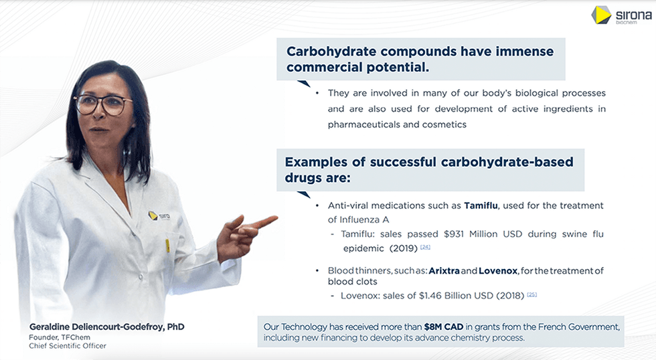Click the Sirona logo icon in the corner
pos(601,15)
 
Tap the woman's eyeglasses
pos(102,104)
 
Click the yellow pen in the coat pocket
pos(167,246)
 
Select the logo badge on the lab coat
pos(159,215)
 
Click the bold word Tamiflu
pos(481,205)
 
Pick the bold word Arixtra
pos(444,271)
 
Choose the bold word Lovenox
pos(498,271)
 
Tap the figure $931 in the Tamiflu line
pos(454,234)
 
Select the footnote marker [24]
pos(425,247)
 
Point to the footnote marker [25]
pos(531,294)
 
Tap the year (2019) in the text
pos(403,249)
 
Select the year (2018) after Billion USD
pos(510,296)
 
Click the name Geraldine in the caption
pos(48,327)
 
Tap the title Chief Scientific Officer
pos(68,346)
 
